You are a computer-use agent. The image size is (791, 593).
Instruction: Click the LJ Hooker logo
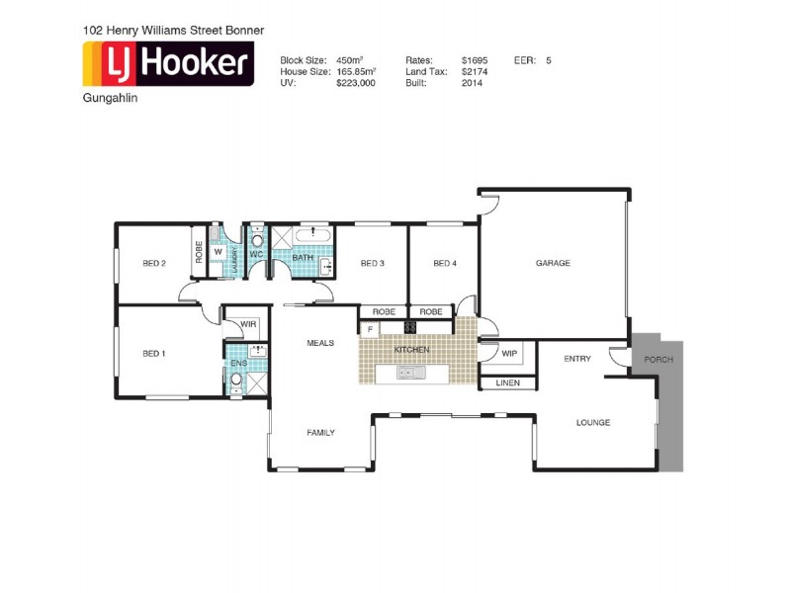pos(168,65)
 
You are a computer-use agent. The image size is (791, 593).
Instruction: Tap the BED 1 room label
pos(153,353)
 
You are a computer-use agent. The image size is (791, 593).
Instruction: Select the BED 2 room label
pos(153,263)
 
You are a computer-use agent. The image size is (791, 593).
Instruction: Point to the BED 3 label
pos(372,263)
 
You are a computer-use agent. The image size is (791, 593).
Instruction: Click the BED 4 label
pos(445,263)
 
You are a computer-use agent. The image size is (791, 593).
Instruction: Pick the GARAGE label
pos(553,263)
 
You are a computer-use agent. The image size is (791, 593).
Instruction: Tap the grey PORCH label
pos(658,360)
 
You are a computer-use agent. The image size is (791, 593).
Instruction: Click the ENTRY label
pos(577,359)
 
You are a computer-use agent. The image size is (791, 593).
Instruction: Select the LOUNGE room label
pos(593,423)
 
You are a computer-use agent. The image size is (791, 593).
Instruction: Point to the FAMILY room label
pos(320,432)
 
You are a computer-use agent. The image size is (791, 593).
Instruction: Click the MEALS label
pos(320,343)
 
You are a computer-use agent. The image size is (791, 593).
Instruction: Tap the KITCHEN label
pos(411,351)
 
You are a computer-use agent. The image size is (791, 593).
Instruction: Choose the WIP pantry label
pos(509,353)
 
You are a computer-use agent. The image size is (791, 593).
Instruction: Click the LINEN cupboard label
pos(507,382)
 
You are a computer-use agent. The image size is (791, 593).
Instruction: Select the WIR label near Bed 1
pos(247,323)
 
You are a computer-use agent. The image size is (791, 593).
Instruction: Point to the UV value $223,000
pos(356,84)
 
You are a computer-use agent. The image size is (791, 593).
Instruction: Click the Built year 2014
pos(472,84)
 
